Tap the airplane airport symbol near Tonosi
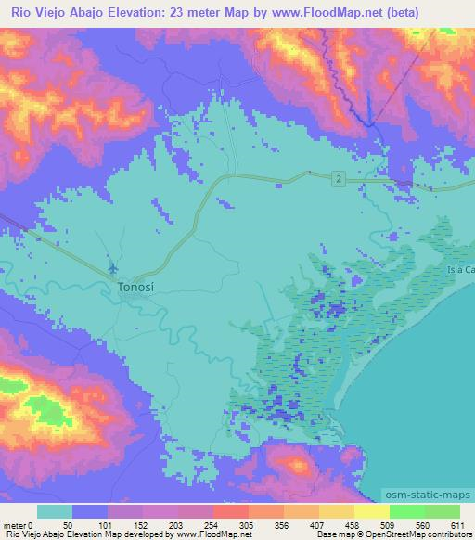tap(113, 268)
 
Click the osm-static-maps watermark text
tap(428, 494)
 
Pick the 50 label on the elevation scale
tap(69, 525)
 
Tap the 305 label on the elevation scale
tap(245, 525)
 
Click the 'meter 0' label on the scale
tap(18, 525)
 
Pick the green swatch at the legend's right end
tap(442, 512)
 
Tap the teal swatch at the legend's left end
tap(55, 512)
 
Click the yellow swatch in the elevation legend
tap(371, 512)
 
